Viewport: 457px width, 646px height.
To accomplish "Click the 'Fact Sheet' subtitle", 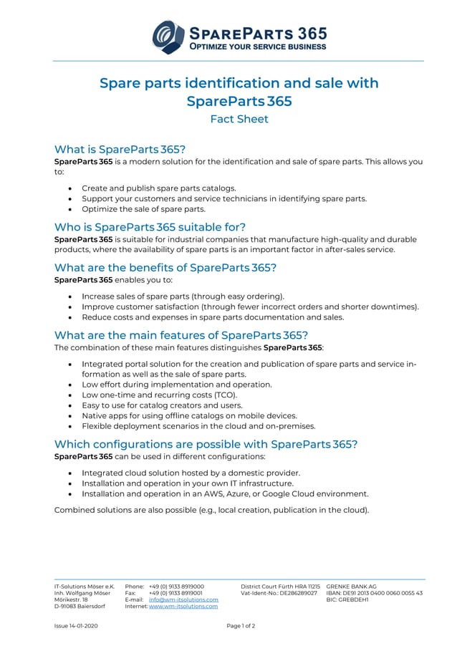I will pos(239,119).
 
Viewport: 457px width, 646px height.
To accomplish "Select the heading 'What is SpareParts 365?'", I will pos(120,150).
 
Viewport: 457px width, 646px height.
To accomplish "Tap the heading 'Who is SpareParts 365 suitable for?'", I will pos(150,227).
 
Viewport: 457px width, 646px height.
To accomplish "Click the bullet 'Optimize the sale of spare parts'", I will pos(143,209).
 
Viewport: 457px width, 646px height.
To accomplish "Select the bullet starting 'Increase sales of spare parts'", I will pos(183,296).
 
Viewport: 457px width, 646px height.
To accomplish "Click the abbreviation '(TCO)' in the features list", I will pos(223,395).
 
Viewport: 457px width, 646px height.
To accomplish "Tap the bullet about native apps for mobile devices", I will pos(189,415).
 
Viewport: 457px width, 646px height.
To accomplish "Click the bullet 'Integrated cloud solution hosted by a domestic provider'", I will pos(191,473).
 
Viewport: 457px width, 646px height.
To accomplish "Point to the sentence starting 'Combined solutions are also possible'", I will pos(211,510).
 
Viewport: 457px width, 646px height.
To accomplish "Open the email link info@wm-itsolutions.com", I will pos(183,599).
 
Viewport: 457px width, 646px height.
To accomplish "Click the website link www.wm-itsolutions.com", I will pos(183,606).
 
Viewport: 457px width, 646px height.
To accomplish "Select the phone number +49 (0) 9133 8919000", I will pos(176,586).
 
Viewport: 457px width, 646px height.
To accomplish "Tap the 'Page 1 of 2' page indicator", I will pos(241,626).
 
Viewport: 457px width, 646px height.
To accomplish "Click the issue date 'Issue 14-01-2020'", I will pos(76,626).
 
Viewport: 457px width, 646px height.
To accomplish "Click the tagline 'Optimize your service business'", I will pos(257,47).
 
